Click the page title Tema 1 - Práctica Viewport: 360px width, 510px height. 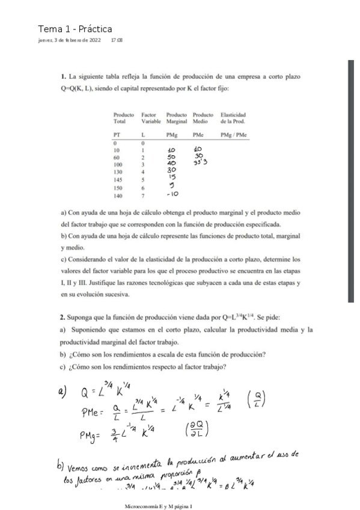pyautogui.click(x=75, y=29)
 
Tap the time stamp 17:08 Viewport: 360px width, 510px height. pyautogui.click(x=117, y=40)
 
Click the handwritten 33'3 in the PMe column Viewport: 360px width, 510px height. pyautogui.click(x=199, y=162)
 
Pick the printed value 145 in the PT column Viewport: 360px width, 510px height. pyautogui.click(x=118, y=179)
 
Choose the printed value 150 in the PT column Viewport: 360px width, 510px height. pyautogui.click(x=118, y=187)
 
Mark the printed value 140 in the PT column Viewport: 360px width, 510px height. pyautogui.click(x=118, y=195)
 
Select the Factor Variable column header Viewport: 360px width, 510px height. pyautogui.click(x=150, y=117)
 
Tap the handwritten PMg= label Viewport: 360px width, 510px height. pyautogui.click(x=94, y=432)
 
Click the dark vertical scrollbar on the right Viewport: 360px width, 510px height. pyautogui.click(x=351, y=180)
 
